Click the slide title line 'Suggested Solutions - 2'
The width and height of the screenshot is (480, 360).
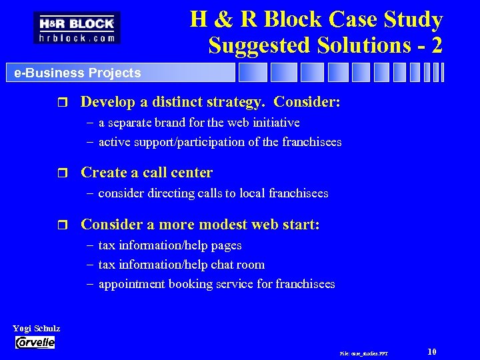pyautogui.click(x=325, y=45)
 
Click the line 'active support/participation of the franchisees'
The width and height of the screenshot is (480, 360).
pyautogui.click(x=219, y=141)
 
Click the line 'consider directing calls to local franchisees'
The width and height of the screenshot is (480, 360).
pyautogui.click(x=213, y=193)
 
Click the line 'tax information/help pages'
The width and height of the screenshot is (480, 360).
pyautogui.click(x=169, y=245)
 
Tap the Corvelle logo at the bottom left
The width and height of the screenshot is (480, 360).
pyautogui.click(x=35, y=342)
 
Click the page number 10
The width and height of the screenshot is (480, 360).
pyautogui.click(x=432, y=351)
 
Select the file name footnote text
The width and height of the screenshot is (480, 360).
pyautogui.click(x=363, y=353)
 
